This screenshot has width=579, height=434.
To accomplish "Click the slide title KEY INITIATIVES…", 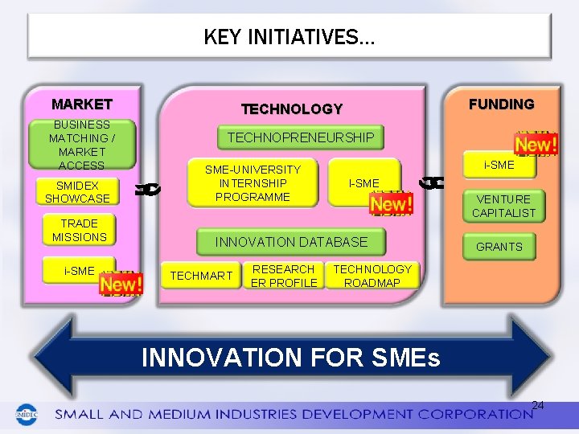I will [289, 37].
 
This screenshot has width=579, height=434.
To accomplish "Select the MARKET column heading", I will [81, 104].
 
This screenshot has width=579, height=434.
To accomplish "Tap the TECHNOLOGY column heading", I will [292, 108].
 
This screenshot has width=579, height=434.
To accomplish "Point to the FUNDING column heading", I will [501, 104].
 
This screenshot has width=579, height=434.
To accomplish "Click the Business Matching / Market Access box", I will [81, 145].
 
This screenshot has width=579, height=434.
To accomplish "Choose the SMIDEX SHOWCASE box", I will [77, 192].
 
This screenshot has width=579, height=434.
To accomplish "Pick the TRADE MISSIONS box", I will [80, 230].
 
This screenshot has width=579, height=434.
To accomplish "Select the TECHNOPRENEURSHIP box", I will [301, 137].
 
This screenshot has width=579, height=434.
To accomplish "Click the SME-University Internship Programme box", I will [253, 182].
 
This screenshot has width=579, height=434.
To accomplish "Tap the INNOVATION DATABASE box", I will [291, 241].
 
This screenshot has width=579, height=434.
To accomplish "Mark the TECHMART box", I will [201, 276].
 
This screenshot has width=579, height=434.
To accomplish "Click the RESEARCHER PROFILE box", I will [283, 276].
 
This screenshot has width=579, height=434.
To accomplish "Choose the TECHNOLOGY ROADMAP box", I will [372, 276].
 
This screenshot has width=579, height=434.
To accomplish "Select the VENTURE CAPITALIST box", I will [503, 206].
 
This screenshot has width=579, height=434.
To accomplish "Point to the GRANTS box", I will [499, 247].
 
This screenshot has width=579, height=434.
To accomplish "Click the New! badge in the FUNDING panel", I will [536, 145].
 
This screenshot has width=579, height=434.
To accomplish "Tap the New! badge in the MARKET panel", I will [121, 284].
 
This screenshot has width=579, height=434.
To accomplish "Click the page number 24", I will [538, 405].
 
